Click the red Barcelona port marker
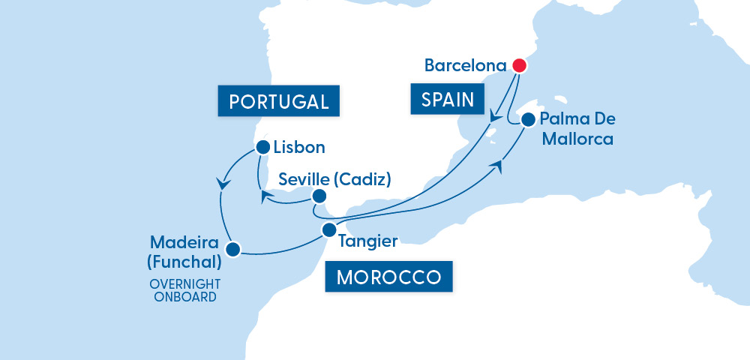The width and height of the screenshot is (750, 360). coord(518,65)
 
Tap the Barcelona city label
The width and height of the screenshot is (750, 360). coord(465,65)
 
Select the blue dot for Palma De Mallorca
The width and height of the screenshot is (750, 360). coord(528,119)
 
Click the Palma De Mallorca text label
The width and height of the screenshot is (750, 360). coord(576,129)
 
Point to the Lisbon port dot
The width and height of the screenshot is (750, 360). coord(262,147)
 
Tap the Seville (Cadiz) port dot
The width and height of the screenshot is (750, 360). coord(319,197)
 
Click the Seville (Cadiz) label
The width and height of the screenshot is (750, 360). coord(334,180)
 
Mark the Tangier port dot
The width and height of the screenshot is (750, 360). coord(328,229)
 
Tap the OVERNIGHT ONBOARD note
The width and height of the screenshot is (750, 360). coord(183,290)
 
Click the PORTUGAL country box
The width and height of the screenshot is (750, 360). coord(278,101)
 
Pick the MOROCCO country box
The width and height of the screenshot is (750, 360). coord(388,277)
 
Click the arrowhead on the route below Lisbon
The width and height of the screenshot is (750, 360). coord(222,182)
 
